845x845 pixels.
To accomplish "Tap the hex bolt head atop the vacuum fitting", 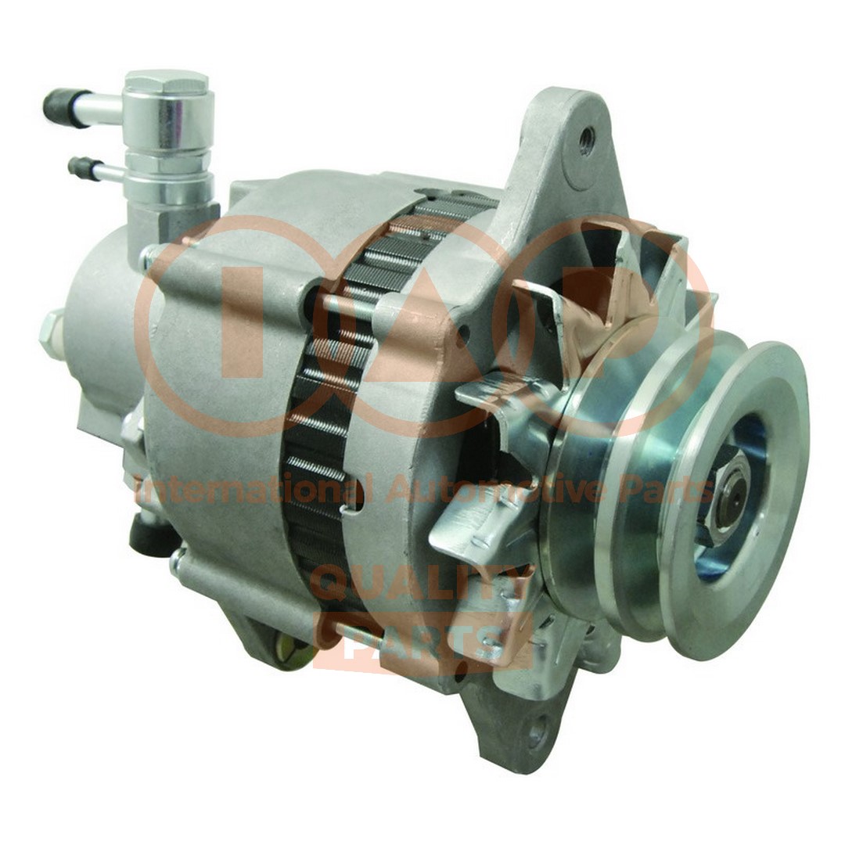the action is coord(167,86).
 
